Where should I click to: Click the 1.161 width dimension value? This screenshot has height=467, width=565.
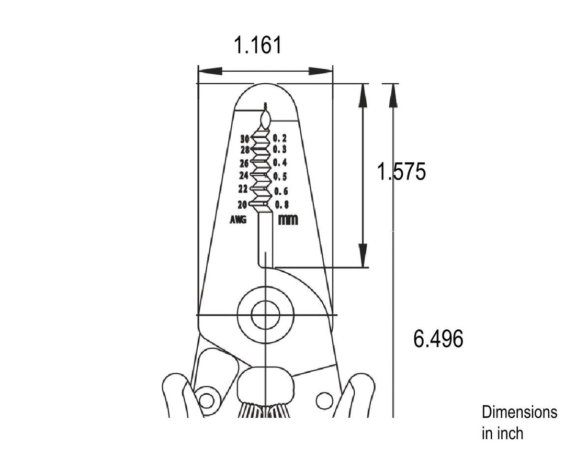pos(257,45)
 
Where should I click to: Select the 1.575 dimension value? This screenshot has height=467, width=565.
pos(401,171)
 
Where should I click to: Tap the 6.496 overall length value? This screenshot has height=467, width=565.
pos(438,339)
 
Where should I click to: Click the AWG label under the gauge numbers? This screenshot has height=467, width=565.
pos(238,219)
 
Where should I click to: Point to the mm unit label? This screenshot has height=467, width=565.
pos(288,219)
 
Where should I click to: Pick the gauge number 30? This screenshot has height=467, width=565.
pos(245,139)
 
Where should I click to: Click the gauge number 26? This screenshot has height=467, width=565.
pos(245,163)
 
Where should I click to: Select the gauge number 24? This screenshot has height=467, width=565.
pos(244,175)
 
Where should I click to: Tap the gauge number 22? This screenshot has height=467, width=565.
pos(243,188)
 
